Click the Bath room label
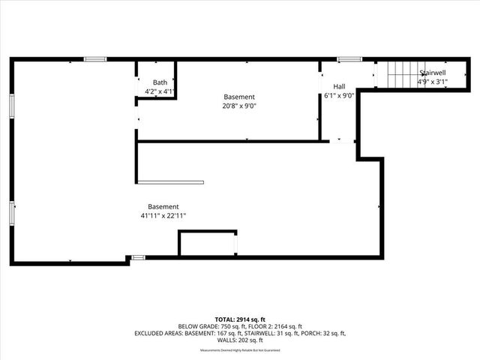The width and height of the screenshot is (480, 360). point(160,82)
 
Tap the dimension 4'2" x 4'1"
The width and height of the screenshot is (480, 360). point(160,91)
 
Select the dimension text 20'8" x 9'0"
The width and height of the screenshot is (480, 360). point(240,106)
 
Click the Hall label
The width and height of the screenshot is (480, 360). point(339,86)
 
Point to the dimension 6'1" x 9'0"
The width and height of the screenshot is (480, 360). point(339,95)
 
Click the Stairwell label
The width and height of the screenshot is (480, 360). point(432,73)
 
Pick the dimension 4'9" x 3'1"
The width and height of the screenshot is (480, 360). point(432,82)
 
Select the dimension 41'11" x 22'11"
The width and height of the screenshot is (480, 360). point(163,216)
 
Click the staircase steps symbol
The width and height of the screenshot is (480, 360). point(397,74)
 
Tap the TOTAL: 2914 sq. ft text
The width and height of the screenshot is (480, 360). point(240,319)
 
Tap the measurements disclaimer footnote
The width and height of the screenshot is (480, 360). point(240,350)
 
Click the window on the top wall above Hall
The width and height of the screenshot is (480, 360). point(348,59)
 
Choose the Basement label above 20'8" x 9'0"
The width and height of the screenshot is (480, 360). point(240,97)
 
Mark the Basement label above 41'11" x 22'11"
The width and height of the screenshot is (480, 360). point(163,207)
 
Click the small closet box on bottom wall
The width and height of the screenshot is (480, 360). point(208,244)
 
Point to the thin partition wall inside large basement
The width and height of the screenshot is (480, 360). point(170,182)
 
